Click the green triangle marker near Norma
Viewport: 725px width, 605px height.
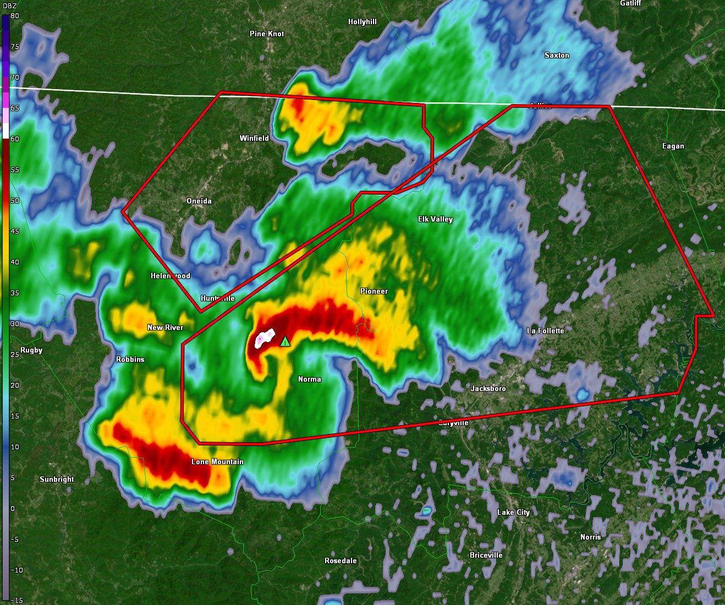pyautogui.click(x=285, y=342)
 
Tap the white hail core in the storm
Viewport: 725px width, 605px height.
pyautogui.click(x=266, y=337)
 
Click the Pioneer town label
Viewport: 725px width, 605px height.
pyautogui.click(x=374, y=291)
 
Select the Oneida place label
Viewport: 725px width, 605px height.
pyautogui.click(x=199, y=201)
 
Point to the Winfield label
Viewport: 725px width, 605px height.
pyautogui.click(x=254, y=138)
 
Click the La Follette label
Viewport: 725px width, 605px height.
pyautogui.click(x=545, y=331)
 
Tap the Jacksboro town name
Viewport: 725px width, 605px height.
pyautogui.click(x=488, y=388)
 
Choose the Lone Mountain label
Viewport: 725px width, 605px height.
pyautogui.click(x=217, y=461)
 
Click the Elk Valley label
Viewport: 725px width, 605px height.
pyautogui.click(x=435, y=219)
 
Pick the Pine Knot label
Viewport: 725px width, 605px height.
pyautogui.click(x=267, y=34)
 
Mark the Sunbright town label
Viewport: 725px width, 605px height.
pyautogui.click(x=57, y=479)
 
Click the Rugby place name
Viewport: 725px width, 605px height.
pyautogui.click(x=31, y=350)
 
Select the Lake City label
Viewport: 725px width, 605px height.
pyautogui.click(x=513, y=512)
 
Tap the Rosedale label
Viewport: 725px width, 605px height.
pyautogui.click(x=340, y=560)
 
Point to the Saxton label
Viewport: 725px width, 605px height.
pyautogui.click(x=557, y=55)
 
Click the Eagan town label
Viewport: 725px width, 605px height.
pyautogui.click(x=673, y=146)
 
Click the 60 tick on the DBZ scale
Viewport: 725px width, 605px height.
pyautogui.click(x=15, y=139)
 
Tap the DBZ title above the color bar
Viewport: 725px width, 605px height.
pyautogui.click(x=10, y=5)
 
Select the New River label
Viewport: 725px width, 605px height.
pyautogui.click(x=165, y=327)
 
